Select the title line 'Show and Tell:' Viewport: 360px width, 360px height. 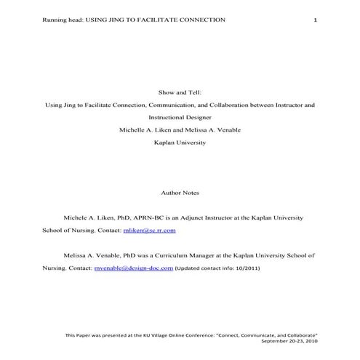point(180,92)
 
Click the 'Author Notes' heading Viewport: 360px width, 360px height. point(179,193)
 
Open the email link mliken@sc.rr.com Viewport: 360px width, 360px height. point(149,230)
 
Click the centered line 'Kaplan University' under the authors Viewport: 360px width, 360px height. point(180,143)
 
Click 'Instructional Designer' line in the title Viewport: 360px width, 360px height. point(180,117)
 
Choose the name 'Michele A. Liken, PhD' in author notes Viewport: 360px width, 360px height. point(97,217)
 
